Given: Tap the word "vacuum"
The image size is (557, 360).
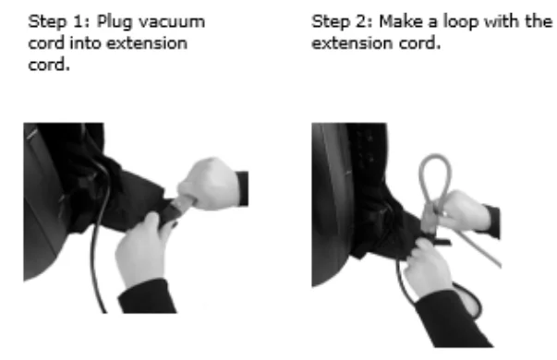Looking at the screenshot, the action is click(x=172, y=22).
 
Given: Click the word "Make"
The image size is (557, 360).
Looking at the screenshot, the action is click(x=402, y=21).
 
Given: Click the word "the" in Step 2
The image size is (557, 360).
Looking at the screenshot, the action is click(x=539, y=21).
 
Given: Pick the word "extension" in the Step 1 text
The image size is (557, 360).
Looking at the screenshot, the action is click(x=147, y=43).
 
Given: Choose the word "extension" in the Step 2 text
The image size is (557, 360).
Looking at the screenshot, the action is click(x=352, y=43).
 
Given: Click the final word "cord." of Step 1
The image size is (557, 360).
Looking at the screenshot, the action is click(x=49, y=65).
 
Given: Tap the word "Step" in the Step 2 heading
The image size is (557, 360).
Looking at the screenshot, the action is click(x=331, y=23).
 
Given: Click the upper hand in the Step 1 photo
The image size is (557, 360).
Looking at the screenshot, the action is click(x=210, y=184).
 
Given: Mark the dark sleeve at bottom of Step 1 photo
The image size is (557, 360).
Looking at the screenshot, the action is click(x=149, y=297).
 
